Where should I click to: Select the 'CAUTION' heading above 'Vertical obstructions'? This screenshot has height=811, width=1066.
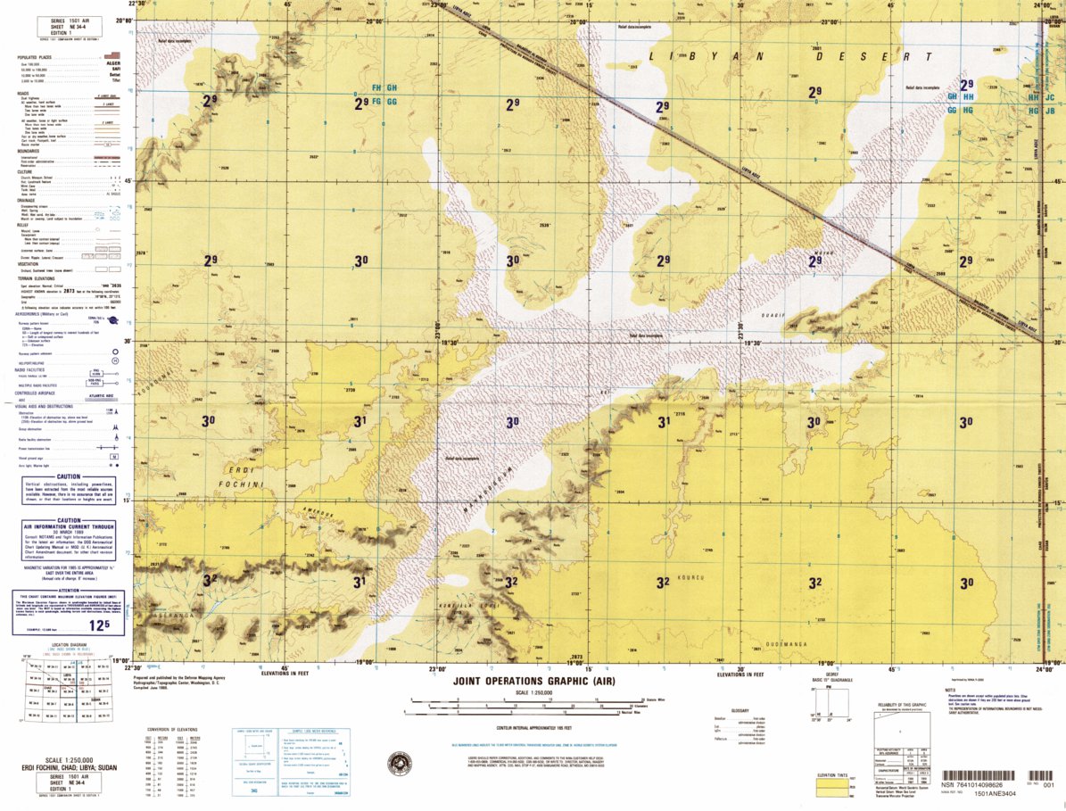(x=70, y=478)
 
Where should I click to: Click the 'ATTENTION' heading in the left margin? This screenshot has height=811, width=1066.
(x=69, y=592)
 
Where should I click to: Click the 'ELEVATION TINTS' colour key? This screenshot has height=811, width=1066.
(x=833, y=774)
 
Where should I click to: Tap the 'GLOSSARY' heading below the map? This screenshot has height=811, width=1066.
(x=740, y=709)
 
